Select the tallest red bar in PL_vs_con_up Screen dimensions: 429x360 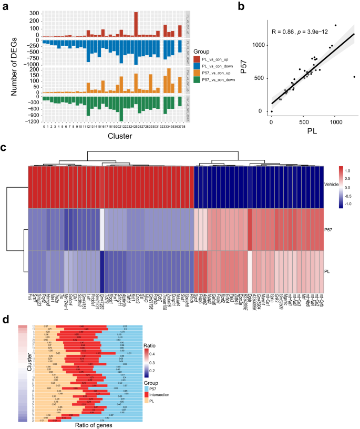tap(136, 24)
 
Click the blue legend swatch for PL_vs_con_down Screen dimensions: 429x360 tap(198, 66)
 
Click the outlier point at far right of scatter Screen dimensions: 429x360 tap(354, 77)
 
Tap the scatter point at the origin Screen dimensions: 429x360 tap(271, 111)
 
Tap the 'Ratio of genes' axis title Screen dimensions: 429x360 tap(82, 425)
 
